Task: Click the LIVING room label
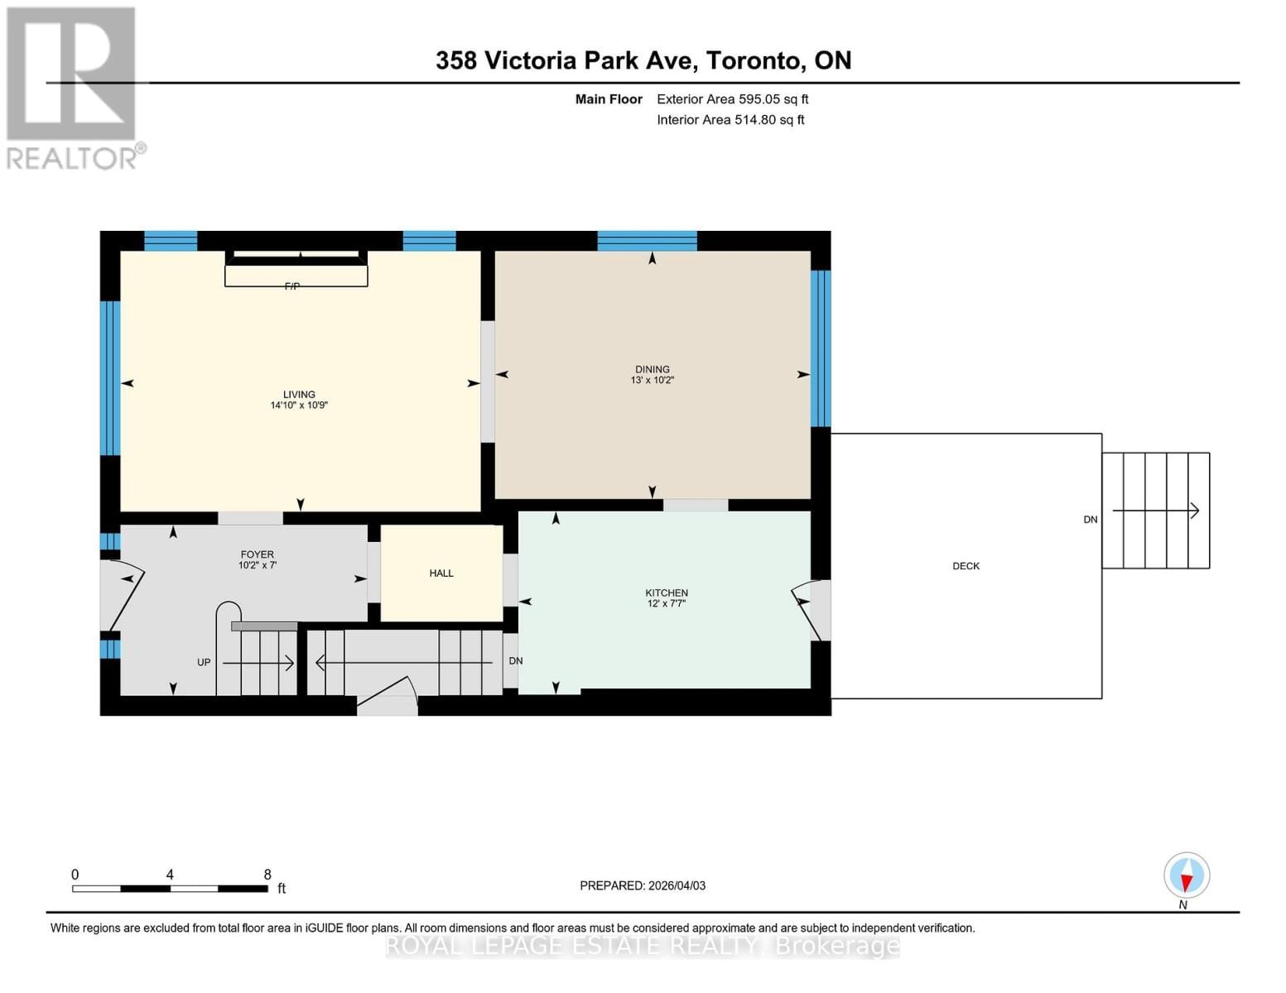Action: [299, 395]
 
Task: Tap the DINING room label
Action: [653, 369]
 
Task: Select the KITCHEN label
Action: [667, 592]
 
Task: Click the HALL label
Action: [441, 573]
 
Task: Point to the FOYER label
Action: [257, 554]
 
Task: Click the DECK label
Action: [966, 566]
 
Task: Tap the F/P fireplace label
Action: [292, 286]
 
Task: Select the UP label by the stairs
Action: [204, 662]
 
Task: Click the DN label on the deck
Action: [1090, 520]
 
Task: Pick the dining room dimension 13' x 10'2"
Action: [653, 381]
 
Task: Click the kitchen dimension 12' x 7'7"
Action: [667, 604]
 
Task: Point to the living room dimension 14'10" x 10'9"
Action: [299, 405]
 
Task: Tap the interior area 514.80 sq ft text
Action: [730, 120]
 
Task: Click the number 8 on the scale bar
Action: [267, 875]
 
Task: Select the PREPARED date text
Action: [643, 885]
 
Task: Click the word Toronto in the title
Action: [756, 60]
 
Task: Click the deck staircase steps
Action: [1155, 511]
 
